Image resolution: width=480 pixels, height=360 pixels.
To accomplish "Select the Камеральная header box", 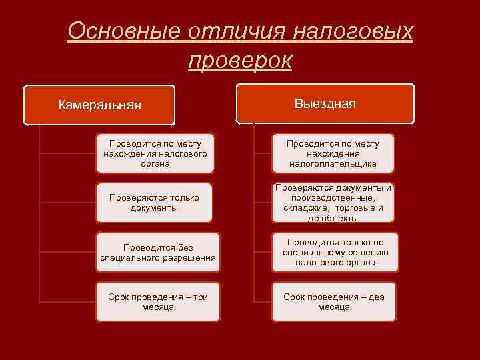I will [99, 105].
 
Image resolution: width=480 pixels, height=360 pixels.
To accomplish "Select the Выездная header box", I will [325, 103].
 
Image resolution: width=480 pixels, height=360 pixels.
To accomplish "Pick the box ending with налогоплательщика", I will [333, 153].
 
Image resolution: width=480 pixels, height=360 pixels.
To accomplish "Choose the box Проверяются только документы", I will [155, 203].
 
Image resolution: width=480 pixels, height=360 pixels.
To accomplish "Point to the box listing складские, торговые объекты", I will [333, 203].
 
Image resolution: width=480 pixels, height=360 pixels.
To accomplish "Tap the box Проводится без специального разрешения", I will [158, 252].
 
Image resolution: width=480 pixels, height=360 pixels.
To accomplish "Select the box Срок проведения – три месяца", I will [158, 302].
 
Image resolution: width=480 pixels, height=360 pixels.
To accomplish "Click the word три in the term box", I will [200, 297].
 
